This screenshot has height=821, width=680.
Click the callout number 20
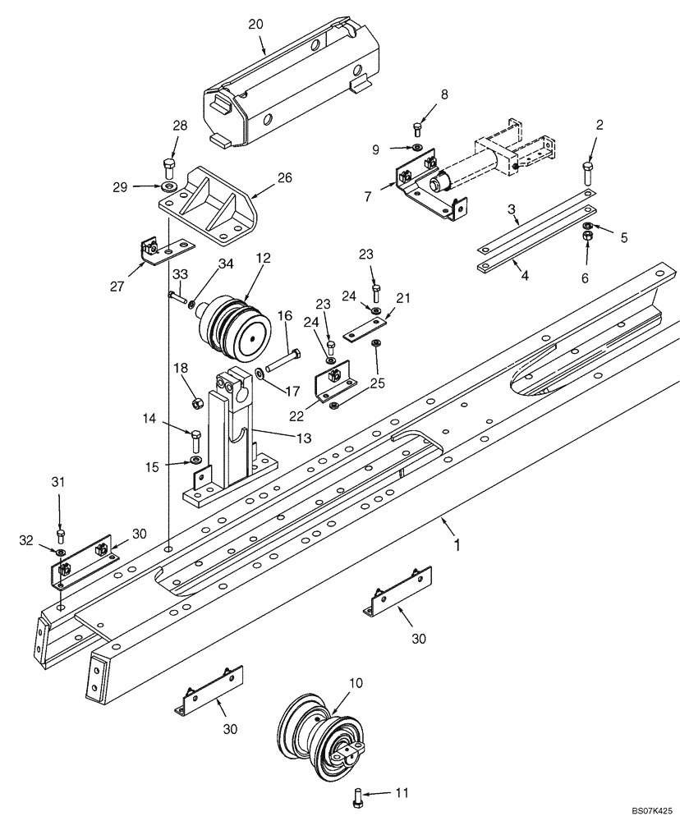[x=255, y=24]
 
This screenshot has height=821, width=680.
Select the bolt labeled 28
[x=170, y=167]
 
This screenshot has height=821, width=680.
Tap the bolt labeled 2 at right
[x=587, y=172]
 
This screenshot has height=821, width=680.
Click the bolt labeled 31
[x=60, y=537]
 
